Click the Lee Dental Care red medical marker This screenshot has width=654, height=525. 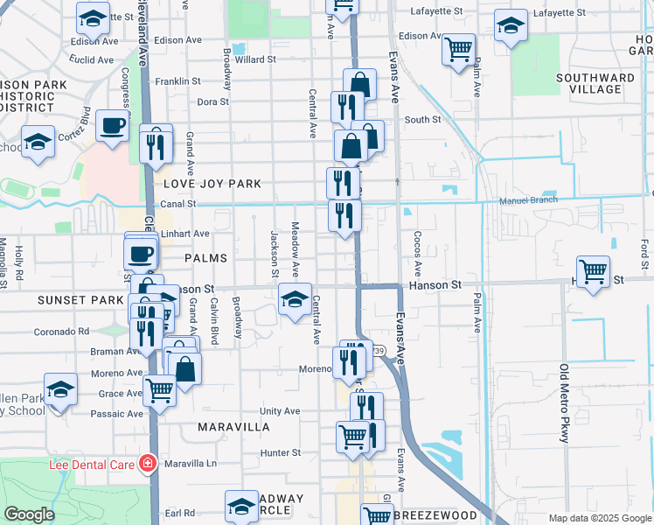pyautogui.click(x=148, y=463)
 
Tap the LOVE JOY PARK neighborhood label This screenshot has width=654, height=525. pyautogui.click(x=212, y=184)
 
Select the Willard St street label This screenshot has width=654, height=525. pyautogui.click(x=255, y=59)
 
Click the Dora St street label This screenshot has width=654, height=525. pyautogui.click(x=212, y=101)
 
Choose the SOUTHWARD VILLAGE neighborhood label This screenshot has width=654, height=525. pyautogui.click(x=595, y=83)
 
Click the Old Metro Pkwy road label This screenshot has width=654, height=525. pyautogui.click(x=565, y=402)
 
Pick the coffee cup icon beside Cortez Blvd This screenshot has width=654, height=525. pyautogui.click(x=112, y=126)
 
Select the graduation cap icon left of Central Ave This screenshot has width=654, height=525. pyautogui.click(x=295, y=299)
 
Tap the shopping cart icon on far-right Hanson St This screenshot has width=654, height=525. pyautogui.click(x=594, y=271)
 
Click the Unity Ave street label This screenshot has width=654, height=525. pyautogui.click(x=280, y=410)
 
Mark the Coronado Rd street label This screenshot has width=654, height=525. pyautogui.click(x=61, y=332)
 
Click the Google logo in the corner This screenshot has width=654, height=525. pyautogui.click(x=28, y=514)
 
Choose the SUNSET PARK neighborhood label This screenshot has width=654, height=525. pyautogui.click(x=68, y=299)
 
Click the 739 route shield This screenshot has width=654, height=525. pyautogui.click(x=378, y=351)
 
